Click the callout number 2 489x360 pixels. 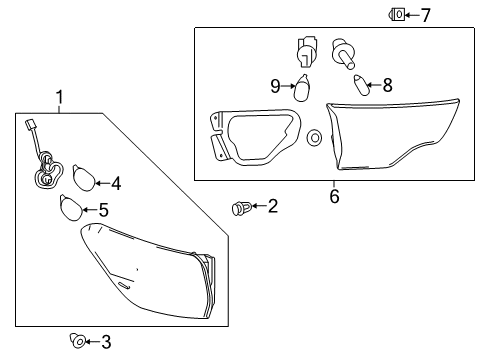[x=272, y=206]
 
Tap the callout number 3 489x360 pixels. [x=106, y=342]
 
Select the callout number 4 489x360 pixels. [x=116, y=183]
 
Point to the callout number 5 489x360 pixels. [x=103, y=210]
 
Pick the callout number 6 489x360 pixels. [x=334, y=196]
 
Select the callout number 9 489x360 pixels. [x=275, y=86]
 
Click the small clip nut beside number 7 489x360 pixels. [x=397, y=14]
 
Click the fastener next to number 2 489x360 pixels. [x=239, y=208]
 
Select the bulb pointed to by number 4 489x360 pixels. [x=83, y=180]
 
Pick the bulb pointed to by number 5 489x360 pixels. [x=70, y=207]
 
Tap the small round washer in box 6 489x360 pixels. [x=314, y=135]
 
